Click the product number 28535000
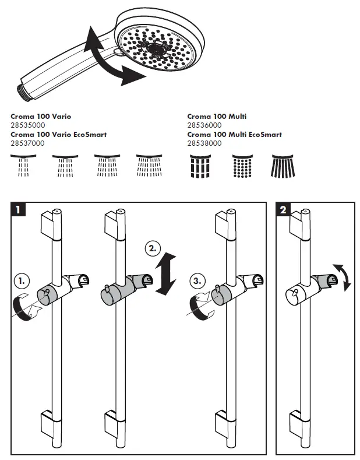point(27,125)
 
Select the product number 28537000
point(27,143)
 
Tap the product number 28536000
point(204,125)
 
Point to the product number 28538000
point(204,143)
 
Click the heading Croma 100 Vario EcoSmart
point(58,135)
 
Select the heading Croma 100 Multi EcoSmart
point(234,135)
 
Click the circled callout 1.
point(21,281)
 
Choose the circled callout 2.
point(152,249)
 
